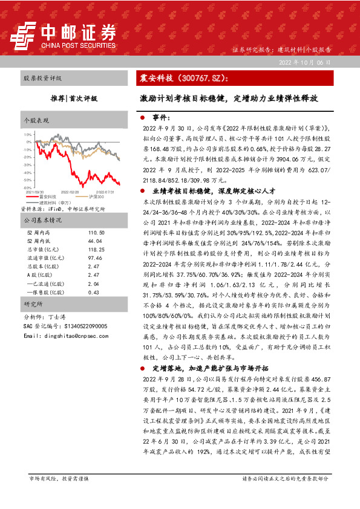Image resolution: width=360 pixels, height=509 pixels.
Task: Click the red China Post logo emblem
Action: pos(26,36)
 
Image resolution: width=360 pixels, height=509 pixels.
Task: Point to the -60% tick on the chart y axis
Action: pos(28,188)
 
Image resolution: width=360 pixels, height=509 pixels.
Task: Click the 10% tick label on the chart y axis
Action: pos(29,134)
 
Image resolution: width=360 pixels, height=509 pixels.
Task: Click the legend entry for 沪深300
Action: pos(91,196)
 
